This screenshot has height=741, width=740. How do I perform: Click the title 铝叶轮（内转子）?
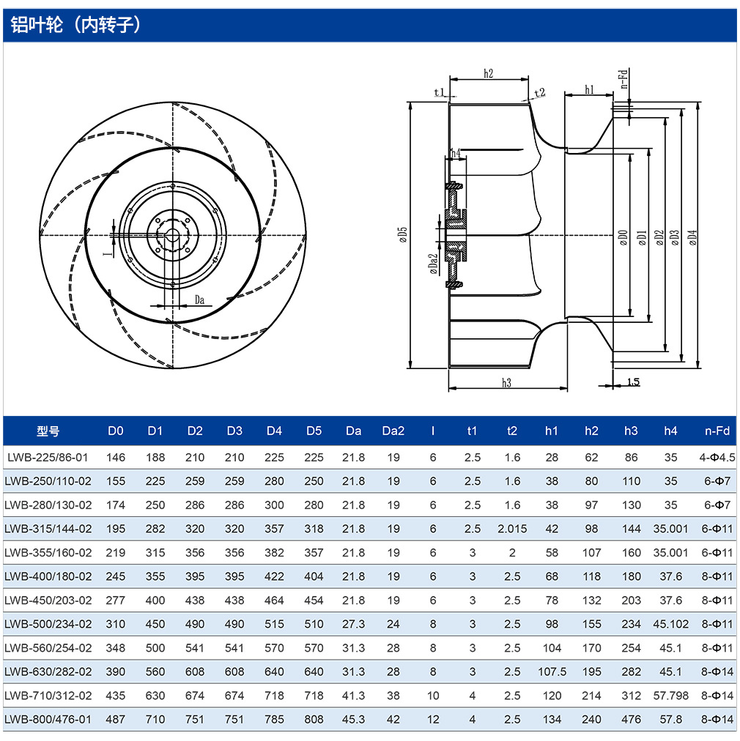[76, 25]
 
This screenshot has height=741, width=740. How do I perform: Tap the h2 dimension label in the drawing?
[489, 73]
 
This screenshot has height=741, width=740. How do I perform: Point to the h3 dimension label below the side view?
[506, 382]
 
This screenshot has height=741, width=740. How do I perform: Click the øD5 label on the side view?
[402, 234]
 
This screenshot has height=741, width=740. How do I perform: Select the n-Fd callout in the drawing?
[624, 79]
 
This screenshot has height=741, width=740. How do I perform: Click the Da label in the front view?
[199, 299]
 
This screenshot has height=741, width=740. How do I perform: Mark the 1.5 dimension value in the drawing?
[633, 381]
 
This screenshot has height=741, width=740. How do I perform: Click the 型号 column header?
[48, 431]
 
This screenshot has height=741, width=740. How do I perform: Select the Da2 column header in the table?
[393, 431]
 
